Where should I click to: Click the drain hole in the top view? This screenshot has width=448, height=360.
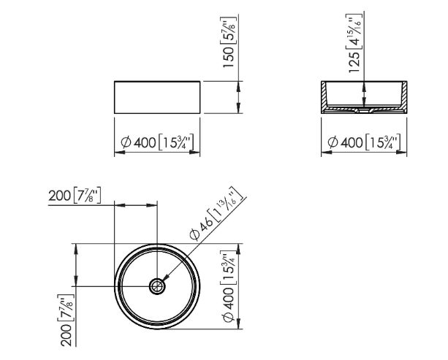click(156, 286)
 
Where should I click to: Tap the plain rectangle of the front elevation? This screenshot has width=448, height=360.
click(156, 97)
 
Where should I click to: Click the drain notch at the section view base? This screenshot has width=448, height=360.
click(363, 112)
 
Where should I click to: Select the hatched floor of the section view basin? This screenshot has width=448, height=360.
click(343, 110)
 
